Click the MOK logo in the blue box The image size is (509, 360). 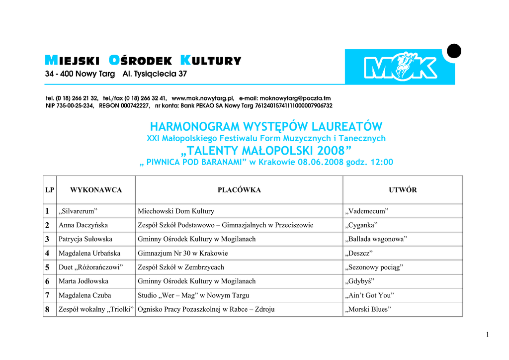(400, 67)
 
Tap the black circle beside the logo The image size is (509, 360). (454, 51)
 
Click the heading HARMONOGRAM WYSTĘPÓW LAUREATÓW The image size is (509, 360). (266, 126)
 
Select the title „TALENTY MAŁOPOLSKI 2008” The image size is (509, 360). (266, 151)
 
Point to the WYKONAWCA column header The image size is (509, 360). (96, 190)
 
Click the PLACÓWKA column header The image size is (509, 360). (239, 190)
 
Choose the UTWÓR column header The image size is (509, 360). (403, 190)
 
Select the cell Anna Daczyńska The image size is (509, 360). (83, 225)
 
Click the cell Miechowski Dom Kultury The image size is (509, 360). (176, 211)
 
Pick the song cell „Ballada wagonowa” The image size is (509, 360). (376, 239)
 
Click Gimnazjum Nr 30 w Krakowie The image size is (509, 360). (183, 253)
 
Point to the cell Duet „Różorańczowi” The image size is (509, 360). (90, 267)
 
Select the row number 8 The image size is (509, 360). (47, 309)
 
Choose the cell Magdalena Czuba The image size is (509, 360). (85, 295)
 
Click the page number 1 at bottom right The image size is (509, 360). (488, 335)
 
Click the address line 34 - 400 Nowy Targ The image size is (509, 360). (80, 74)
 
